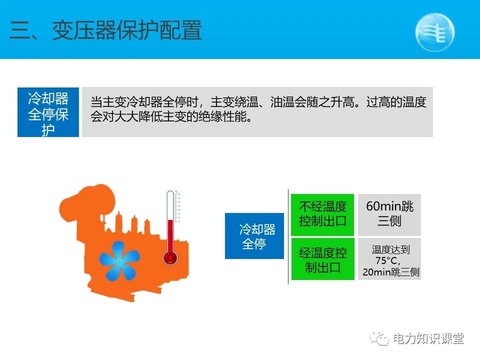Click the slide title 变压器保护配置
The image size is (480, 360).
point(127,31)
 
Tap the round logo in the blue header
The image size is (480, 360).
point(434,31)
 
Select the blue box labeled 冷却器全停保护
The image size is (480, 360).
point(48,112)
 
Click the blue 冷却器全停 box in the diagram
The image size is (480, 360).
point(254,236)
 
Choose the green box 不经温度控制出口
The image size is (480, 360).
point(322,214)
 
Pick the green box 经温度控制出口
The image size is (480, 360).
point(322,259)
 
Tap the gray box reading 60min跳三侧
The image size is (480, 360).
point(389,214)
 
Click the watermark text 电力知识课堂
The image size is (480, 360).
point(428,338)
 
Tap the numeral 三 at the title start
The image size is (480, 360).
point(20,31)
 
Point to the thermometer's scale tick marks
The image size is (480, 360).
point(178,207)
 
